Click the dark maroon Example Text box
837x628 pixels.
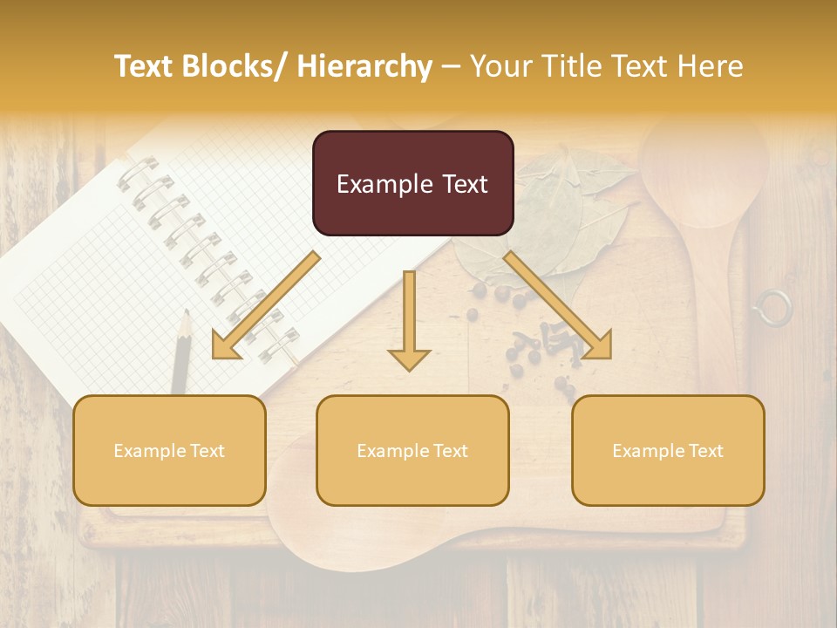[412, 183]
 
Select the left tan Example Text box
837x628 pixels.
[169, 450]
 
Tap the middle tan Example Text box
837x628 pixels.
[412, 450]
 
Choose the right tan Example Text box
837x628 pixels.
[668, 450]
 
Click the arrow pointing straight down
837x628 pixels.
[409, 323]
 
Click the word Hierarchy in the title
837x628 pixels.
[364, 66]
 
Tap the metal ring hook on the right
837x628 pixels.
[772, 308]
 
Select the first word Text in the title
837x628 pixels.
[146, 66]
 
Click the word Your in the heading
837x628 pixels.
[502, 66]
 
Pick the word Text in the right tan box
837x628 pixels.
[704, 450]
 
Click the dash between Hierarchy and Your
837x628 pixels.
[451, 66]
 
